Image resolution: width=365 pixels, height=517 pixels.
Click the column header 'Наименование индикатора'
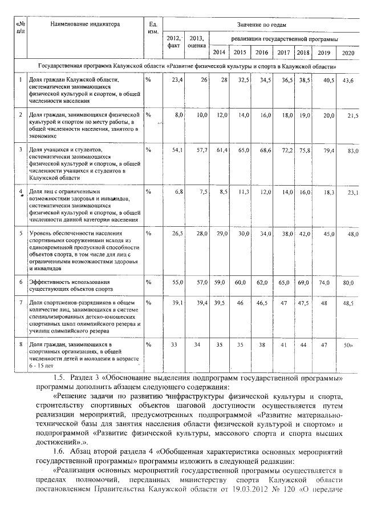pyautogui.click(x=86, y=25)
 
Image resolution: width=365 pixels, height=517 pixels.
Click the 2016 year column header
pyautogui.click(x=262, y=53)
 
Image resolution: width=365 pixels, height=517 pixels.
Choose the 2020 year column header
pyautogui.click(x=347, y=53)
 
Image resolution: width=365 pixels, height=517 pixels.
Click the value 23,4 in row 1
pyautogui.click(x=177, y=80)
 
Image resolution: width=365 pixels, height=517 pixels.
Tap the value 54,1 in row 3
pyautogui.click(x=177, y=151)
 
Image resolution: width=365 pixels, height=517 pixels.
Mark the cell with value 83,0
pyautogui.click(x=348, y=151)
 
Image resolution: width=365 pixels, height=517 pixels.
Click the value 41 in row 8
pyautogui.click(x=283, y=346)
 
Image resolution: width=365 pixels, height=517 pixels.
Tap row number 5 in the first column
pyautogui.click(x=21, y=233)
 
